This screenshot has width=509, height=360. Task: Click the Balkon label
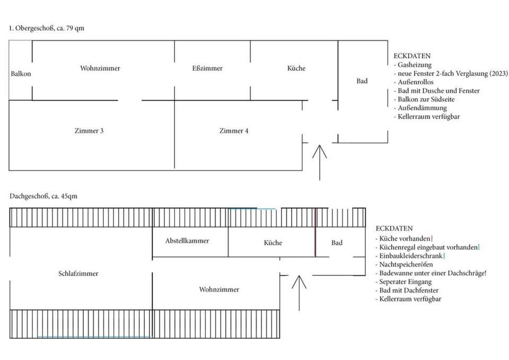21,74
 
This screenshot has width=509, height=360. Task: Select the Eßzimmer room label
207,68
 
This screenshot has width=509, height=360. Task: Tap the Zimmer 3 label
89,131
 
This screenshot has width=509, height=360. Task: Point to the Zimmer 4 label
234,131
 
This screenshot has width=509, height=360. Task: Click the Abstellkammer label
187,241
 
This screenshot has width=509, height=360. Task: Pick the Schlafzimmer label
78,274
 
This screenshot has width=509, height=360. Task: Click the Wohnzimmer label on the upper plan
100,68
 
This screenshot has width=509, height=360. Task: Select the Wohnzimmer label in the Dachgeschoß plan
219,289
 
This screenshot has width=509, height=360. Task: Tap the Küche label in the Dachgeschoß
273,243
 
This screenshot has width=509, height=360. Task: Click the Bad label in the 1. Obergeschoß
362,81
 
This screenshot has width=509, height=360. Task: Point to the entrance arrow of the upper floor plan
320,163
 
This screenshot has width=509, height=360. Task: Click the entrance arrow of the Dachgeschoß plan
299,293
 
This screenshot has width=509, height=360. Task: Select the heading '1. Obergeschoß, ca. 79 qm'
47,28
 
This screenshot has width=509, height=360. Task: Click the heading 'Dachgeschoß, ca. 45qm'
43,196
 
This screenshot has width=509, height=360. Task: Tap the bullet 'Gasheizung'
413,65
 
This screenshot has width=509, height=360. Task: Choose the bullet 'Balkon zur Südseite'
424,99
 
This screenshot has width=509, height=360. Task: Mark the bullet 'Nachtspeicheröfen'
404,265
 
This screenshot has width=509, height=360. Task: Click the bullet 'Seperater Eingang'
403,282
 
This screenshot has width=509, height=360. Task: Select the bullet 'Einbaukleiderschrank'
409,256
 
